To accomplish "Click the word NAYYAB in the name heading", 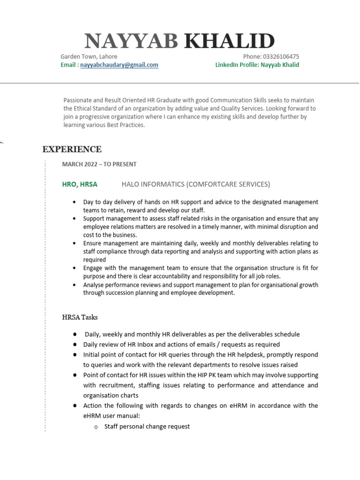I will point(131,42).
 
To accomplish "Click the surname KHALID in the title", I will point(229,42).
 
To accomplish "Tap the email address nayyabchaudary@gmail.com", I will point(119,65).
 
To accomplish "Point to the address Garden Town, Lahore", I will point(89,57).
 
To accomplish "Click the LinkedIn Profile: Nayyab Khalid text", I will point(257,65).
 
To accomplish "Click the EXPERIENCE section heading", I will point(72,150).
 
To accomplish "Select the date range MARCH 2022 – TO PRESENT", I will point(99,165).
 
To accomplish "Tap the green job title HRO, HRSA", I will point(80,184).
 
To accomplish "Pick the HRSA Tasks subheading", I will point(80,317).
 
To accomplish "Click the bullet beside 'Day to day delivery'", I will point(75,202).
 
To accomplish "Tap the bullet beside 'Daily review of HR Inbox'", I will point(75,345).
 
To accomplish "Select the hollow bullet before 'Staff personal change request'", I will point(96,427).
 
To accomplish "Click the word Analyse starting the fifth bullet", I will point(95,285).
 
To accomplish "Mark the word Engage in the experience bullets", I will point(94,268).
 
